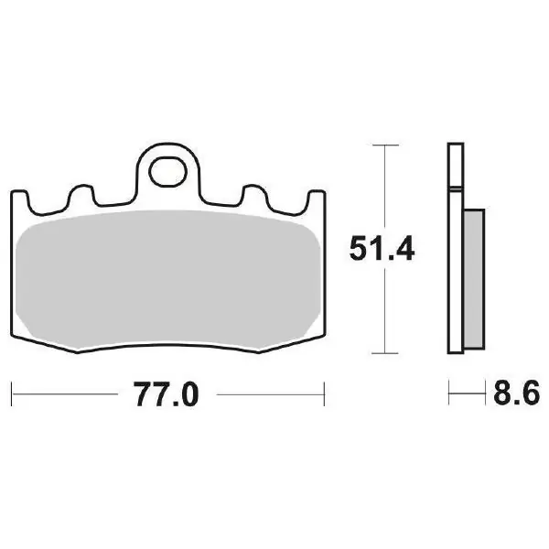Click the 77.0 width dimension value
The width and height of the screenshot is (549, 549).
(166, 393)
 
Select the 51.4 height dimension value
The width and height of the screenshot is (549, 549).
(382, 248)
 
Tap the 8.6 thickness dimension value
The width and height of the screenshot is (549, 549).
(516, 393)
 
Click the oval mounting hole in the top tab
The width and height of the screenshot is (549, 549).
(167, 172)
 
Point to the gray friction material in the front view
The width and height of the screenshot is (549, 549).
(168, 279)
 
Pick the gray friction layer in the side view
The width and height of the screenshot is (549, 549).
(474, 279)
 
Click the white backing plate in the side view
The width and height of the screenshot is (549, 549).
(456, 248)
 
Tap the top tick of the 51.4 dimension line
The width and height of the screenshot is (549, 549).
(385, 145)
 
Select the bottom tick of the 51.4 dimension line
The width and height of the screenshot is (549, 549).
(385, 353)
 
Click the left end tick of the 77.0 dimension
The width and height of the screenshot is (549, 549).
(12, 394)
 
